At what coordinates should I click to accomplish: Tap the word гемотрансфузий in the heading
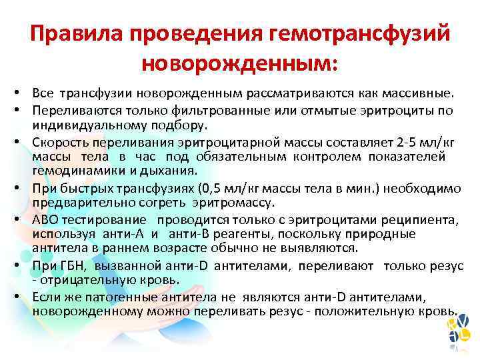tap(346, 34)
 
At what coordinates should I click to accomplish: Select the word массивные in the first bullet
tap(419, 91)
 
